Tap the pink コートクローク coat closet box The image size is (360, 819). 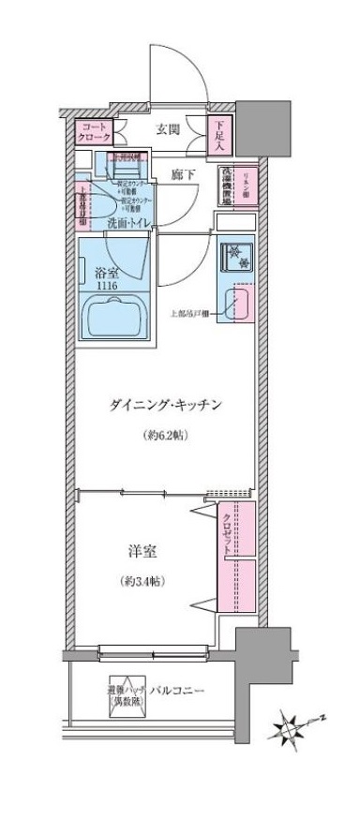94,133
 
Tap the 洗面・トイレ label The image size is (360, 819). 130,222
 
